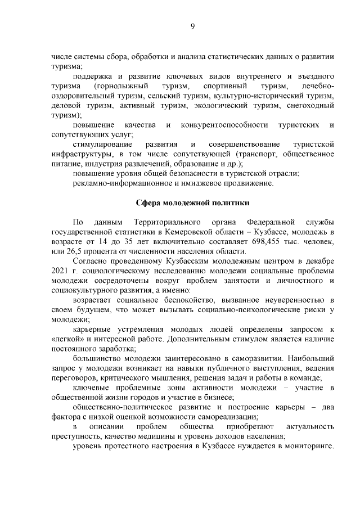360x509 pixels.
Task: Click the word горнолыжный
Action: click(x=122, y=85)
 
